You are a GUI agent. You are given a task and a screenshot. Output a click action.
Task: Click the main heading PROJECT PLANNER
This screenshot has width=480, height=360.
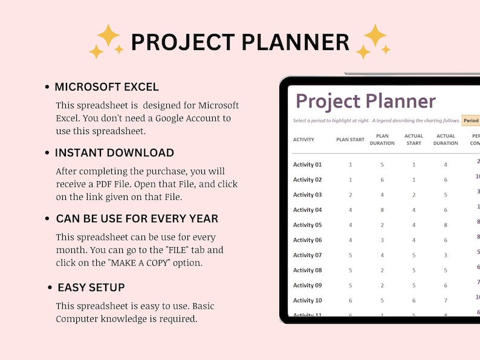coord(240,42)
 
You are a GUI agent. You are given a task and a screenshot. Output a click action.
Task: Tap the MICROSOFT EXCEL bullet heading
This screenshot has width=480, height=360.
coord(107,87)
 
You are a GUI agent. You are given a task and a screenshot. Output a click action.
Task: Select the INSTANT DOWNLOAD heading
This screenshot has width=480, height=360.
coord(114,153)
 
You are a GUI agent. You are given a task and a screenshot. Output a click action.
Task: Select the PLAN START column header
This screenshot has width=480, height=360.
coord(350,140)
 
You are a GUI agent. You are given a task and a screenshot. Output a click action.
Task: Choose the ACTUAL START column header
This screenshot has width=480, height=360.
coord(414,140)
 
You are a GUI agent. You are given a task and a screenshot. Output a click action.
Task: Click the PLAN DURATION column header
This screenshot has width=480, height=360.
coord(381,140)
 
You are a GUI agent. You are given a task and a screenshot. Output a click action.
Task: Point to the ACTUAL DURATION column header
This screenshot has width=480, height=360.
coord(446,140)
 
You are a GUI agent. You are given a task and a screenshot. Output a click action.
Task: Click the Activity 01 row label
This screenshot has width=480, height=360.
coord(307,165)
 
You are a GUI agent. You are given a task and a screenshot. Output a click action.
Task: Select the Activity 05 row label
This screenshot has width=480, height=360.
coord(307,225)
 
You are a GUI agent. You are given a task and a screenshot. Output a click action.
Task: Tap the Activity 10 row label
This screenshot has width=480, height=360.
coord(307,301)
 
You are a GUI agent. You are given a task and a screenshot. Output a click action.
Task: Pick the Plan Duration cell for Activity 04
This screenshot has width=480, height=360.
coord(382,210)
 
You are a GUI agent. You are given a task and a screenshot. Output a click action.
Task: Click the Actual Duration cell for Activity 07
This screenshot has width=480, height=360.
coord(446,256)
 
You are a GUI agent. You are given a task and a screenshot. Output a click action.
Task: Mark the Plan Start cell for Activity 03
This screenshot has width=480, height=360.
coord(350,195)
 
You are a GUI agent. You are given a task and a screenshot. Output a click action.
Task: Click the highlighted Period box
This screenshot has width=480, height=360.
coord(471,121)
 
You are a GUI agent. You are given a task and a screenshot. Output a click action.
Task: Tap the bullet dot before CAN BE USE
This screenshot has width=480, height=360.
coord(48,219)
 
